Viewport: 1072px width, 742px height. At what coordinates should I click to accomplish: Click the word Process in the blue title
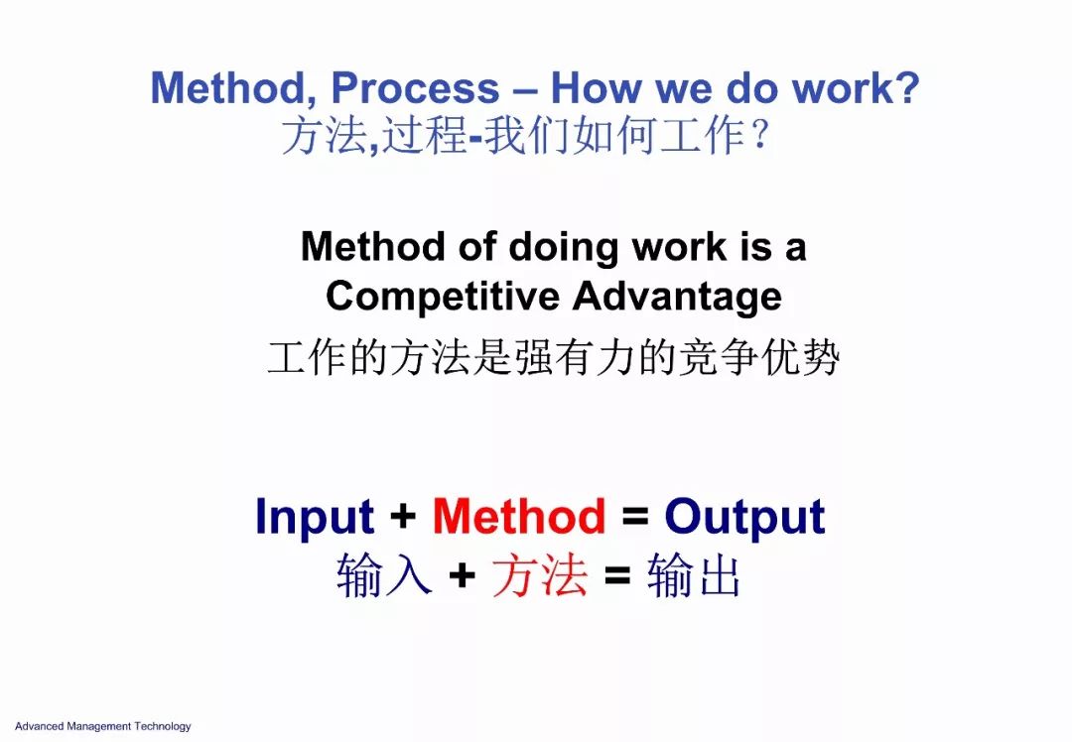[415, 90]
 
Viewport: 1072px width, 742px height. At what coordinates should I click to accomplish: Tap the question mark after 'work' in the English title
[907, 87]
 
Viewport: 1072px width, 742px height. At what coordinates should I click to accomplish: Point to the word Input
[315, 518]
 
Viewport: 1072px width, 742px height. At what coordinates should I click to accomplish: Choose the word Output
[745, 518]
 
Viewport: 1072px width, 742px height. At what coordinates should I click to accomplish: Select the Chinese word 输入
[384, 575]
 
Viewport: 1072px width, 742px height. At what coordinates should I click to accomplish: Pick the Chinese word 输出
[693, 575]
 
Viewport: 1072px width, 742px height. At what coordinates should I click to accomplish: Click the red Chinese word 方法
[540, 575]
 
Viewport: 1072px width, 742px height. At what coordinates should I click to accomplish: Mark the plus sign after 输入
[463, 575]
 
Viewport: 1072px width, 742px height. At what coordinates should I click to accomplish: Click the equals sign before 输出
[617, 575]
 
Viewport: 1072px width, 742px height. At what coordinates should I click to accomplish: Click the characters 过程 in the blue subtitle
[424, 135]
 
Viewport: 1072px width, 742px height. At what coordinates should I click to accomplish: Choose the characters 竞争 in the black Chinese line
[718, 357]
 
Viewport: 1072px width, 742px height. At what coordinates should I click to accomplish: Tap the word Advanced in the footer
[39, 726]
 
